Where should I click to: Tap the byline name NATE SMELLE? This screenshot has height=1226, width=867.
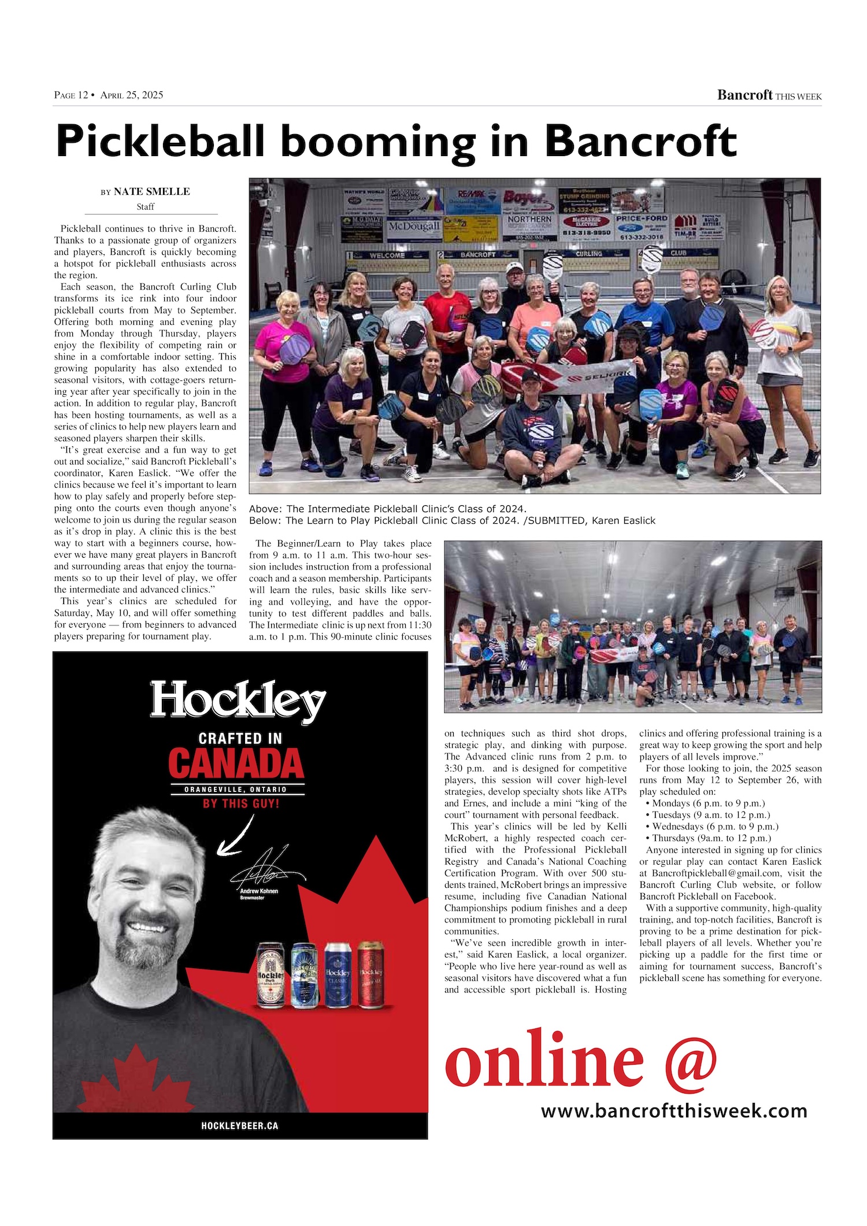(151, 192)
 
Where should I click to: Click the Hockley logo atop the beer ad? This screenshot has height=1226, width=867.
(238, 702)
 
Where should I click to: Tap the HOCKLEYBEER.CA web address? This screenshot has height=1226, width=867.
(240, 1125)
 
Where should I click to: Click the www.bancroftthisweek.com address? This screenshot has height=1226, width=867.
(673, 1110)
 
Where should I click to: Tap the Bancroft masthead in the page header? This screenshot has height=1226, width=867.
(744, 95)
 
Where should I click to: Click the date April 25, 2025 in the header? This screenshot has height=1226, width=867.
(132, 95)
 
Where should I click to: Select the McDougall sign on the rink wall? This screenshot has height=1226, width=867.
(413, 226)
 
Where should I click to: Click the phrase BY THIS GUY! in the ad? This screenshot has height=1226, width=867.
(240, 803)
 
